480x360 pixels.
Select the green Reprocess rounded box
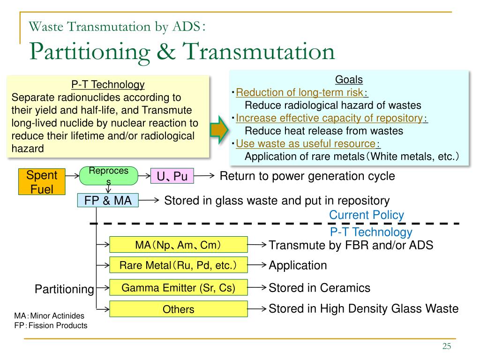point(109,176)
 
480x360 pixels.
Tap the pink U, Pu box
point(172,176)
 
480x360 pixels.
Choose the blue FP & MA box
point(108,201)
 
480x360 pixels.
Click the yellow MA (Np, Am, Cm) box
point(178,245)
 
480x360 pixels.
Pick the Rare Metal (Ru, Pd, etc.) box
point(178,265)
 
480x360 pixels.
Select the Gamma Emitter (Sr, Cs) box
point(178,287)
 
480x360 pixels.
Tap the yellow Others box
point(178,309)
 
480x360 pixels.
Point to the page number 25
point(446,346)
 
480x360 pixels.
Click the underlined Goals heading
point(349,80)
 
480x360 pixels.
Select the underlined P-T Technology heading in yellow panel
point(108,85)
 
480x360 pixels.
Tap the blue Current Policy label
point(366,215)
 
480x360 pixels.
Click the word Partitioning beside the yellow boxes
point(64,289)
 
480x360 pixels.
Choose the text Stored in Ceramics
point(319,288)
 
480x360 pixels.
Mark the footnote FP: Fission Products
point(51,325)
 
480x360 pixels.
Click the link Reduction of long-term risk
point(300,92)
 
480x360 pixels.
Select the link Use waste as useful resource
point(306,143)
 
